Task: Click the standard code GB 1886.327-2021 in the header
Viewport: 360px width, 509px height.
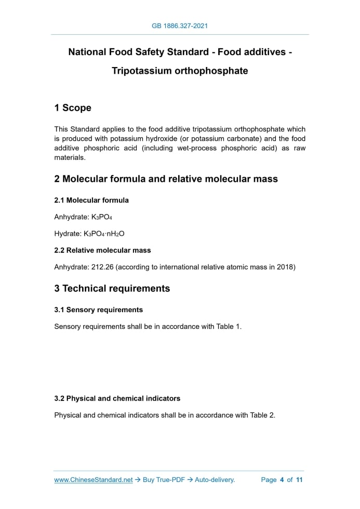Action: [x=180, y=25]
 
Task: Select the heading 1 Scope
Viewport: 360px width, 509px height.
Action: [x=73, y=108]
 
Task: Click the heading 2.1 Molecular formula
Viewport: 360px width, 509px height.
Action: [x=91, y=200]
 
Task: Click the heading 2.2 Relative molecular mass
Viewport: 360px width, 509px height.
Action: [x=102, y=250]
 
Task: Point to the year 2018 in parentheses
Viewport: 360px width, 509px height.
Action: [x=284, y=267]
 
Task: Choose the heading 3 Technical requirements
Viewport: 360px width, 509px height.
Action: [x=112, y=288]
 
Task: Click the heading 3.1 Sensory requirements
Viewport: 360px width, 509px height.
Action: [x=98, y=310]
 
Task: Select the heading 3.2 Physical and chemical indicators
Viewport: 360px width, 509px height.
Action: [x=117, y=398]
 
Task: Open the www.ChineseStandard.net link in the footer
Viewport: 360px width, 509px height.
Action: [x=94, y=480]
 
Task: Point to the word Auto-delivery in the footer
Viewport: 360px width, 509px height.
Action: [x=215, y=480]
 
